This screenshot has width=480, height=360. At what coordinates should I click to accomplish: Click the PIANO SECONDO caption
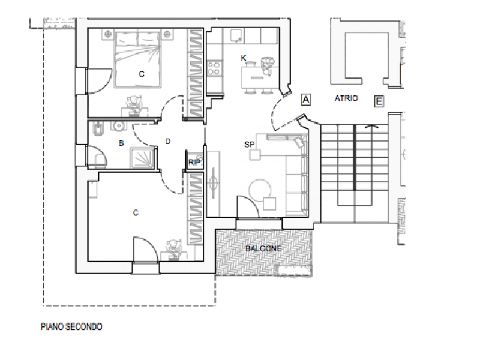pyautogui.click(x=71, y=327)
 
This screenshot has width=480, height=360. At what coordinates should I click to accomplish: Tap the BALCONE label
pyautogui.click(x=263, y=248)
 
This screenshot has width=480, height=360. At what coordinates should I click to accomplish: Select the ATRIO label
pyautogui.click(x=346, y=98)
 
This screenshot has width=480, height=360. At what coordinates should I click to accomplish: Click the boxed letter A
pyautogui.click(x=306, y=100)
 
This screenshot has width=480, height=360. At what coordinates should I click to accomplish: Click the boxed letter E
pyautogui.click(x=379, y=101)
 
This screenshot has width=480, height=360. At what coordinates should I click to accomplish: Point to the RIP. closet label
pyautogui.click(x=195, y=162)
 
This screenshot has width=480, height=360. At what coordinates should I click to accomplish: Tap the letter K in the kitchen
pyautogui.click(x=244, y=58)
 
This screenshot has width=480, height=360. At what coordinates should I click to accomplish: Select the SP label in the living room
pyautogui.click(x=250, y=145)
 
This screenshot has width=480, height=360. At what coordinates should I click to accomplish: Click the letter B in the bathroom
pyautogui.click(x=121, y=143)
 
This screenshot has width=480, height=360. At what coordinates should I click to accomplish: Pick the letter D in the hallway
pyautogui.click(x=168, y=141)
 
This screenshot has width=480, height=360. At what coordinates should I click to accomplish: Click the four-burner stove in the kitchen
pyautogui.click(x=214, y=68)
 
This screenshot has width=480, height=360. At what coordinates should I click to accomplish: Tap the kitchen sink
pyautogui.click(x=236, y=36)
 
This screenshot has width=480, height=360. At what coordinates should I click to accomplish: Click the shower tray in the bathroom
pyautogui.click(x=142, y=158)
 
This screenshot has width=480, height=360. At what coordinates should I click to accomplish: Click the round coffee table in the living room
pyautogui.click(x=260, y=190)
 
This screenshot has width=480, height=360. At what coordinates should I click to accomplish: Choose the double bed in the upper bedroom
pyautogui.click(x=138, y=58)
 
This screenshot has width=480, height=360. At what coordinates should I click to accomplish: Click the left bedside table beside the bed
pyautogui.click(x=108, y=34)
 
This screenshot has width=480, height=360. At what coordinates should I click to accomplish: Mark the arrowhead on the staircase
pyautogui.click(x=371, y=126)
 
